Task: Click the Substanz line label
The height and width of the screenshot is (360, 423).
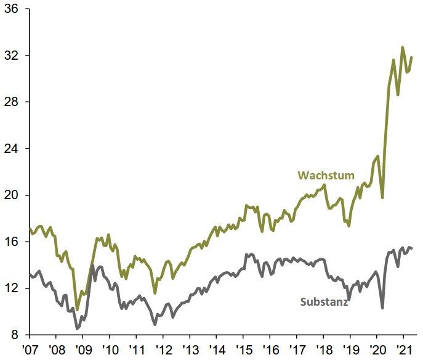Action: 324,302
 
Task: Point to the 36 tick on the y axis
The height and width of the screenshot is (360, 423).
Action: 12,9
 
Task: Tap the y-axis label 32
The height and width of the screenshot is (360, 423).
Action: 12,55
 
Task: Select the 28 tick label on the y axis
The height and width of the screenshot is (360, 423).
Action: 12,102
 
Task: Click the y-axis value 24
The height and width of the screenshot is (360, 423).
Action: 12,149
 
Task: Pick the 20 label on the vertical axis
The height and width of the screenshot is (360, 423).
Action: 12,195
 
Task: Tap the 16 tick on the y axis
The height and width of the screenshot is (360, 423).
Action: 12,242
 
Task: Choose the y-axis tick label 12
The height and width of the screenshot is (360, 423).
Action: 12,288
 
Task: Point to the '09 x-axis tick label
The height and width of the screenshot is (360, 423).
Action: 83,349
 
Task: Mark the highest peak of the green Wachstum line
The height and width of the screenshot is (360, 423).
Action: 403,47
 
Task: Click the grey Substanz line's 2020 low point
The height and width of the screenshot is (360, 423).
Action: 383,308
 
